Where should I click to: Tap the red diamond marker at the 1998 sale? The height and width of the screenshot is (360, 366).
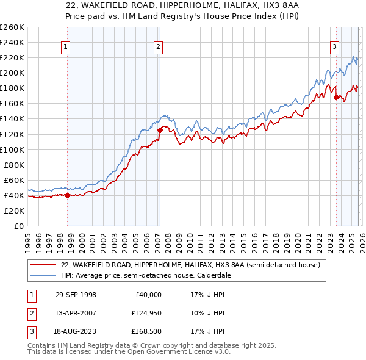point(68,195)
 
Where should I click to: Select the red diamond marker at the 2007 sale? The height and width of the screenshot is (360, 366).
point(160,130)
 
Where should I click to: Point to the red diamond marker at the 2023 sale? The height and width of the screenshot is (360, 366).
point(335,96)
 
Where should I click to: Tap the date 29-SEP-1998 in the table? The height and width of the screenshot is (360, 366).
point(76,294)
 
